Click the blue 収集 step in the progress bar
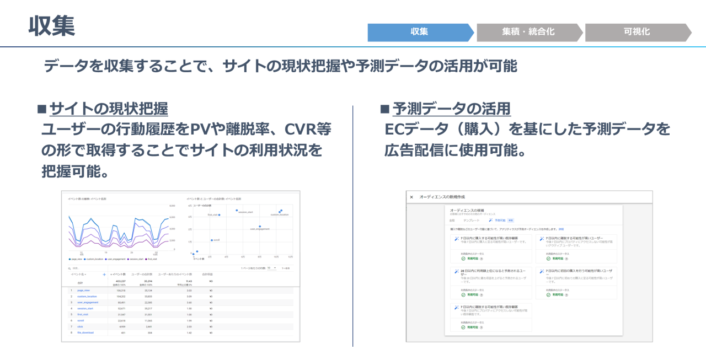[x=419, y=32]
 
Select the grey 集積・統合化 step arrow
[x=528, y=32]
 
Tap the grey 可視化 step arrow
[x=637, y=32]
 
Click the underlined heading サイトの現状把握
[x=109, y=109]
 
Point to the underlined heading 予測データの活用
[x=451, y=109]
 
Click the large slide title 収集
[x=52, y=26]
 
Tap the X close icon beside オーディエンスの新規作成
[x=411, y=197]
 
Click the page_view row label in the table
[x=84, y=290]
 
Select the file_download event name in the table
[x=85, y=332]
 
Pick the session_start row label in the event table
[x=85, y=308]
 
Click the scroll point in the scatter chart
[x=211, y=240]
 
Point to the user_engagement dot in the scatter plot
[x=260, y=226]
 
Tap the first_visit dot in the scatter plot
[x=220, y=215]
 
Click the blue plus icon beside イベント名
[x=104, y=274]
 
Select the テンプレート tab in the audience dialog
[x=471, y=220]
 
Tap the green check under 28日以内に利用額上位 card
[x=463, y=295]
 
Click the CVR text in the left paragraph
[x=301, y=130]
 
